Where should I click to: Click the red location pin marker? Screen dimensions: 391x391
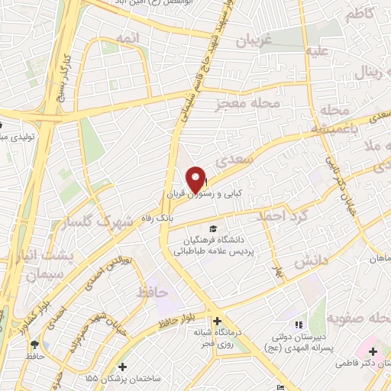coord(196,179)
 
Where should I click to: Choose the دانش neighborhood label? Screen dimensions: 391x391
coord(310,260)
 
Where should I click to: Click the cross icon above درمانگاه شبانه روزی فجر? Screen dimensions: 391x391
coord(217,321)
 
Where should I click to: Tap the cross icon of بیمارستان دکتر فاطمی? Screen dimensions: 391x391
coord(373,351)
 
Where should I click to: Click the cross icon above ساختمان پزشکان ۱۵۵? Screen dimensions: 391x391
coord(121,367)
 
